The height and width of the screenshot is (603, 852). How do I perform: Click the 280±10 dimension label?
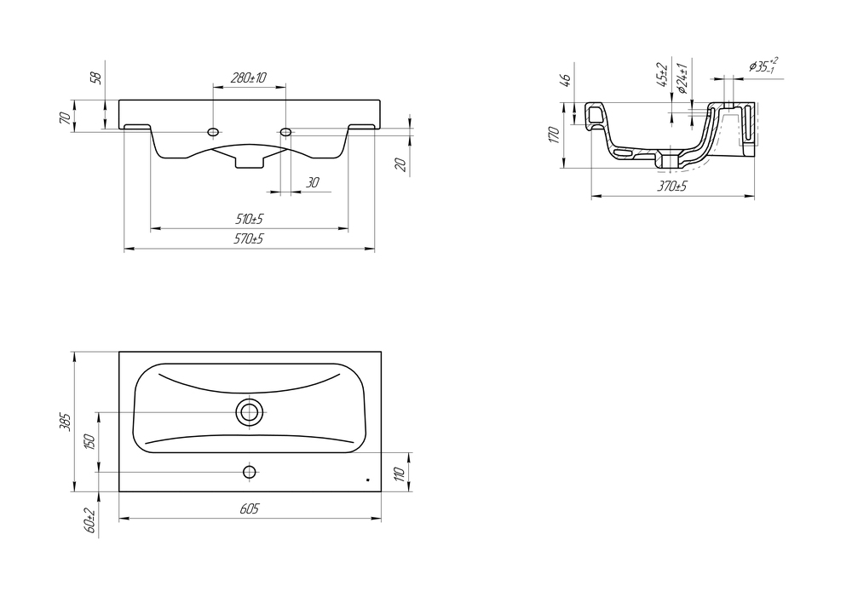tap(248, 78)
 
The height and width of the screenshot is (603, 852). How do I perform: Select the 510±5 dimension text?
tap(249, 220)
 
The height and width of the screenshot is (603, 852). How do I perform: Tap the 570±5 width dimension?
tap(249, 239)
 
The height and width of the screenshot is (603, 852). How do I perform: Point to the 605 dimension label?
tap(250, 508)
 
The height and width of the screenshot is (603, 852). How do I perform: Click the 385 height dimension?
tap(65, 422)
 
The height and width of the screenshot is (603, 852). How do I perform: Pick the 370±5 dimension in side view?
tap(673, 187)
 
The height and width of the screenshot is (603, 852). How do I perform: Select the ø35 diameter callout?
tap(763, 66)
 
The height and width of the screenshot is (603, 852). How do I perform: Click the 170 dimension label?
tap(554, 135)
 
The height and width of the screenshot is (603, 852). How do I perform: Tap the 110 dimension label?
tap(400, 474)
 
